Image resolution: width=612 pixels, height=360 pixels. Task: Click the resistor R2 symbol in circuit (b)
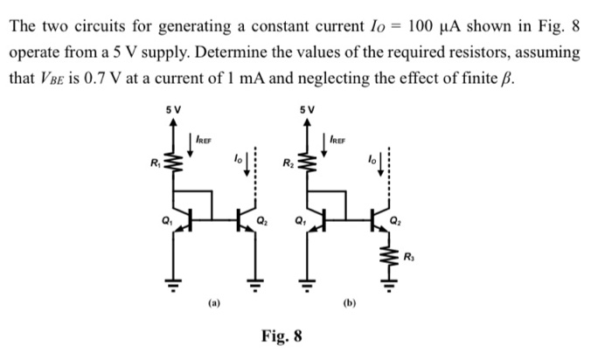pyautogui.click(x=307, y=161)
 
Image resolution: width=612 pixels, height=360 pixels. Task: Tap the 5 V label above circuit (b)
pyautogui.click(x=306, y=109)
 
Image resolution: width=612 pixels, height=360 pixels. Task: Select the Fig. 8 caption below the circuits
pyautogui.click(x=282, y=336)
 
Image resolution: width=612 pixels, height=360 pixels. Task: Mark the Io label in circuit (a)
pyautogui.click(x=236, y=160)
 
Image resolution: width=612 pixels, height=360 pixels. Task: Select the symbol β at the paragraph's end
pyautogui.click(x=509, y=79)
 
